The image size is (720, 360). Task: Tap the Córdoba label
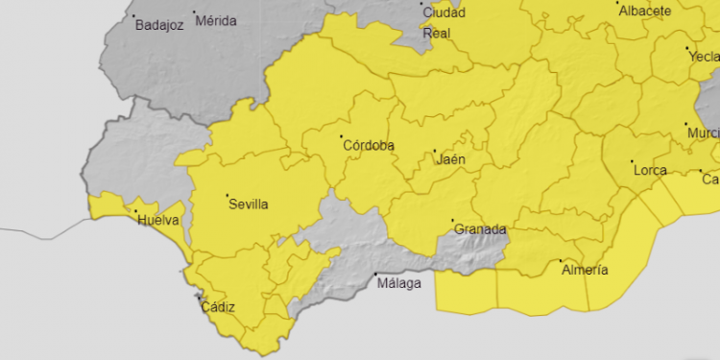[369, 145]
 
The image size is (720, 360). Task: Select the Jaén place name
[451, 159]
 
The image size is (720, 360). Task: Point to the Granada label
[480, 230]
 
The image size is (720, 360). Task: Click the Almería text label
[585, 271]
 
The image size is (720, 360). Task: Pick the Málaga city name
[399, 284]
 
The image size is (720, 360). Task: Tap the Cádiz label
[218, 308]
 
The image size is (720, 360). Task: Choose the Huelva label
[158, 221]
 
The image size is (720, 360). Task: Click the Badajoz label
[159, 26]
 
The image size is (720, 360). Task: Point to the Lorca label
[650, 171]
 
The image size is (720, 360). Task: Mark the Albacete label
[645, 11]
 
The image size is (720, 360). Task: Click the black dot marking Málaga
[375, 276]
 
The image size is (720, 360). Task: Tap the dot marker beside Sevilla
[228, 196]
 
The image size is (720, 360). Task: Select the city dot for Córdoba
[343, 136]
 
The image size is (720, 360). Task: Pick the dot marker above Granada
[453, 222]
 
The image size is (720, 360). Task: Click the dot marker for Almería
[562, 261]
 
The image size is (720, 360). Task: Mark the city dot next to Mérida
[195, 12]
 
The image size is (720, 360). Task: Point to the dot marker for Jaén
[434, 151]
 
